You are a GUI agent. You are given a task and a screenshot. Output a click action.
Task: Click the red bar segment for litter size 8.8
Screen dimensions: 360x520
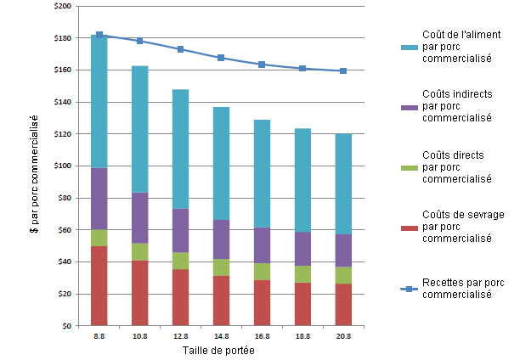pos(99,285)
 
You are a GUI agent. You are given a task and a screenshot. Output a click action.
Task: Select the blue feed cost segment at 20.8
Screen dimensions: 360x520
pos(342,183)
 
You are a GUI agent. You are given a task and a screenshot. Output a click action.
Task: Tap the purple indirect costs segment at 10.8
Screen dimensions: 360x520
pos(140,218)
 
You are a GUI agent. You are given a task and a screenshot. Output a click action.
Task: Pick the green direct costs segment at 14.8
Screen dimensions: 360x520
pos(221,267)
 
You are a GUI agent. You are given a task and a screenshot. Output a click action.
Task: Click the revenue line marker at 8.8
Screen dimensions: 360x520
pos(99,35)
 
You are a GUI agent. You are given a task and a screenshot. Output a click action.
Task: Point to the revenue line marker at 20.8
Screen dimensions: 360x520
pos(342,71)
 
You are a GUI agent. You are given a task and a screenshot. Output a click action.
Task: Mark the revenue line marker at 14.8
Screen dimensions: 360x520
pos(221,58)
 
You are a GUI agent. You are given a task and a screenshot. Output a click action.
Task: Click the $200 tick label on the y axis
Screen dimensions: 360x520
pos(62,7)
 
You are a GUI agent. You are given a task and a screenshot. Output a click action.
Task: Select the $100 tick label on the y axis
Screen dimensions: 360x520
pos(62,166)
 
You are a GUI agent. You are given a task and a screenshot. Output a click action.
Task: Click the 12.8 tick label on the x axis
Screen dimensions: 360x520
pos(180,337)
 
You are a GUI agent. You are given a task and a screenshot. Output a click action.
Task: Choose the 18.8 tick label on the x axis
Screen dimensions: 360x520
pos(302,337)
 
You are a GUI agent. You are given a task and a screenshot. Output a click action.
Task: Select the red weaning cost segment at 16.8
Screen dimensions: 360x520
pos(262,302)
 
